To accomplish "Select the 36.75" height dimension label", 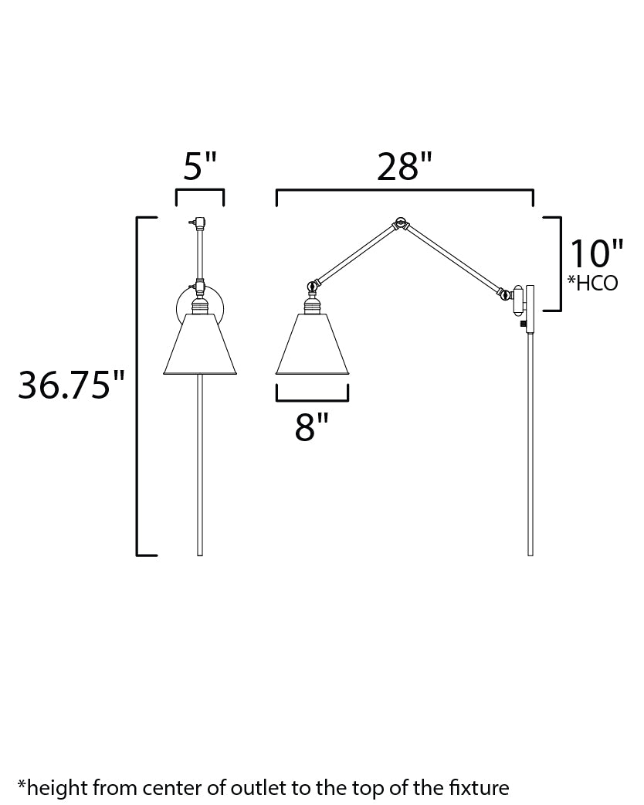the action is point(71,385).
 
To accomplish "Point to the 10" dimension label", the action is point(597,253).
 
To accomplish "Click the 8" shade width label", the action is point(311,427).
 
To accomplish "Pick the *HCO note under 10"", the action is point(592,283).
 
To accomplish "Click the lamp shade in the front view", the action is point(200,344).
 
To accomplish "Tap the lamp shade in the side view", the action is point(312,344).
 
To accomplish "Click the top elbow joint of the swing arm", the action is point(399,223).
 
